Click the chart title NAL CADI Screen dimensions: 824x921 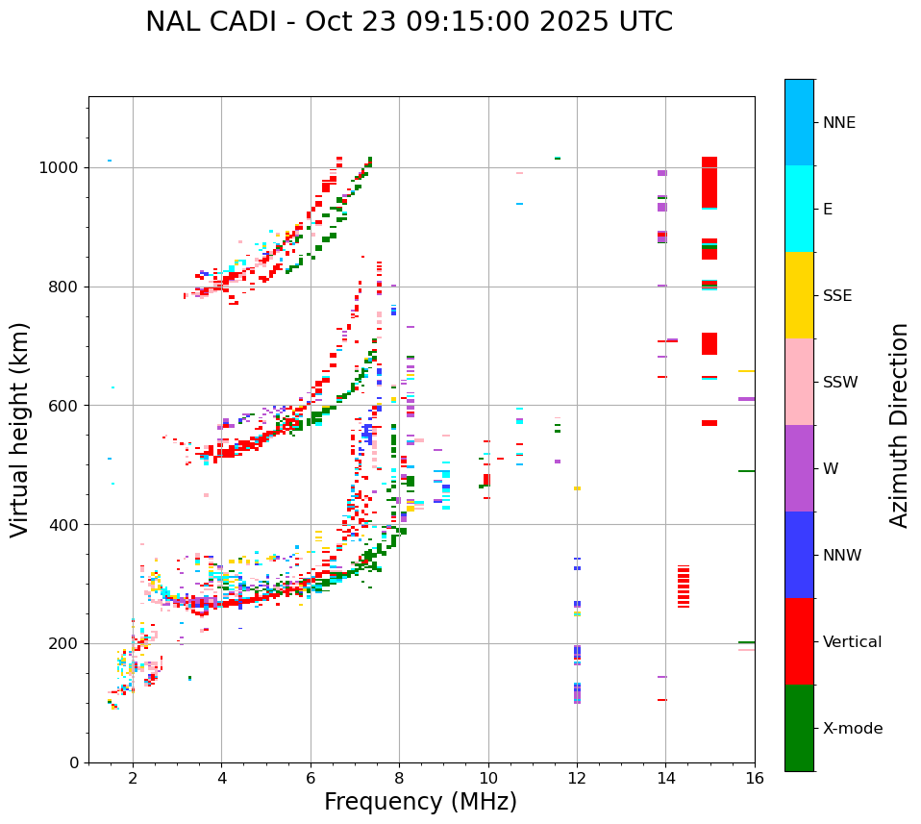(409, 22)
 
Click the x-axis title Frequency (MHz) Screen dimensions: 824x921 (420, 802)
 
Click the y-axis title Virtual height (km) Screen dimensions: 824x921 (20, 430)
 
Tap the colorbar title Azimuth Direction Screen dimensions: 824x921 (899, 425)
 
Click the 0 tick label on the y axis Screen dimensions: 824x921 (75, 762)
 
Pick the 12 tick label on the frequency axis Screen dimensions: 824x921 (577, 778)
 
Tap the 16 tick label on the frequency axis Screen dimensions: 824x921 (755, 778)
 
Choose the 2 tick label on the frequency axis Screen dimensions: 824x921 (133, 778)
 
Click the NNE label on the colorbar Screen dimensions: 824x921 (838, 123)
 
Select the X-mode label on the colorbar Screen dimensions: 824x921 (852, 729)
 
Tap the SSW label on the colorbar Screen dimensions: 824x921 (840, 383)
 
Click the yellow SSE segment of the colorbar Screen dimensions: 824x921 (799, 295)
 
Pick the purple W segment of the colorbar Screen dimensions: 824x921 (799, 468)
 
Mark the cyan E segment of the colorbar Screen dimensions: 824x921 (799, 209)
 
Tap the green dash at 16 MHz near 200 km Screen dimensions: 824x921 (746, 642)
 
